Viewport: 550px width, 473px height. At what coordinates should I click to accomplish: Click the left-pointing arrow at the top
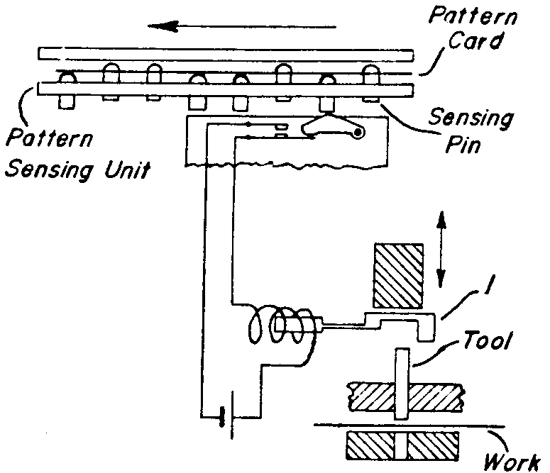pyautogui.click(x=241, y=27)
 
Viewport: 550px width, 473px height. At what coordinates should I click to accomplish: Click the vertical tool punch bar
pyautogui.click(x=401, y=383)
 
